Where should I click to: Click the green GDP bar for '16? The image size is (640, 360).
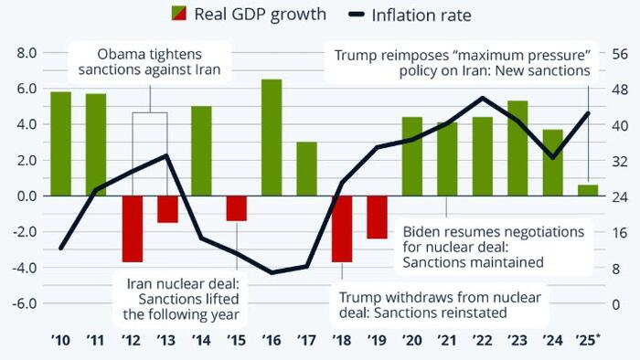272,137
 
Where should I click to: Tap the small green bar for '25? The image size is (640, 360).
588,190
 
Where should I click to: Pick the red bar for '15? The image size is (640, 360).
237,208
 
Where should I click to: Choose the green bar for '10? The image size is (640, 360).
60,143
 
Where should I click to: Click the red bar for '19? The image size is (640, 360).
377,217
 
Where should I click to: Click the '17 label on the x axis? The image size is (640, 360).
306,342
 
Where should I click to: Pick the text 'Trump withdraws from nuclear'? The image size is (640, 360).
441,298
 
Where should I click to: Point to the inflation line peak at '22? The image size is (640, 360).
482,98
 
